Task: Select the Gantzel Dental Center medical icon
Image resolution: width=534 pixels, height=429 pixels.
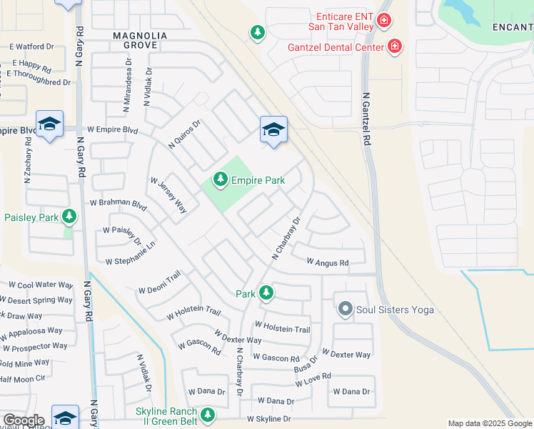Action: pyautogui.click(x=394, y=47)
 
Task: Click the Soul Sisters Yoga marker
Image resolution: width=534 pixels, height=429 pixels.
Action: pyautogui.click(x=346, y=310)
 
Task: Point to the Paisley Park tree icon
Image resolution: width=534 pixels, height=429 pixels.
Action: pyautogui.click(x=69, y=216)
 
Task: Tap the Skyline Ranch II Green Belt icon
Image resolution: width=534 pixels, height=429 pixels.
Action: pyautogui.click(x=208, y=415)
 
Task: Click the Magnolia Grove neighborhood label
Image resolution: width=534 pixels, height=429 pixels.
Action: pyautogui.click(x=140, y=41)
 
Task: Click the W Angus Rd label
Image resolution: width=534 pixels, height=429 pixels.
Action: pyautogui.click(x=328, y=263)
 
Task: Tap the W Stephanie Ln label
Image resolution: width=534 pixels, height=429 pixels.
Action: pyautogui.click(x=131, y=255)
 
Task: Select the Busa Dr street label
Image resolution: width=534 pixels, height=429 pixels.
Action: pyautogui.click(x=306, y=365)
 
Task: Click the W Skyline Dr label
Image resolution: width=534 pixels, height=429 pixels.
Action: pyautogui.click(x=269, y=419)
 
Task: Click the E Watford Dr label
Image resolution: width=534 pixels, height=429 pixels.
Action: pyautogui.click(x=32, y=46)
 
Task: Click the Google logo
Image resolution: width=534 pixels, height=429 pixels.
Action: pyautogui.click(x=23, y=420)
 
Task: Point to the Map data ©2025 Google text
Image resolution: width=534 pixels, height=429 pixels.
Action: pyautogui.click(x=489, y=423)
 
